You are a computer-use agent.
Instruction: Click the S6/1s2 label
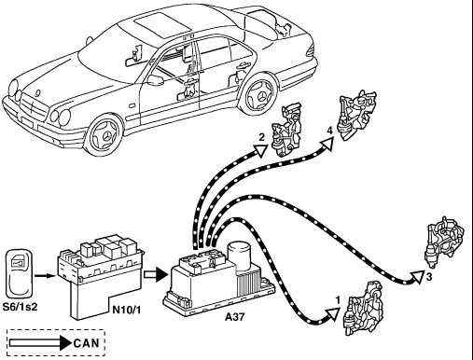20,307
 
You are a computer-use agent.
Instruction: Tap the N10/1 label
126,310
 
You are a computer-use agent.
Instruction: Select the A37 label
235,317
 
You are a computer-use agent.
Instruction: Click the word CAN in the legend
87,343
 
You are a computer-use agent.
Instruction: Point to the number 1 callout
338,300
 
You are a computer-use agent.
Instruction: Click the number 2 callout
262,137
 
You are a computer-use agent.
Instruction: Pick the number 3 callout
429,276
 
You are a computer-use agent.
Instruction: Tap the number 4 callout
329,131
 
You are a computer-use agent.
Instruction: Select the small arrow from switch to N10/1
45,275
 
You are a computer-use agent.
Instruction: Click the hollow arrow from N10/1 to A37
156,274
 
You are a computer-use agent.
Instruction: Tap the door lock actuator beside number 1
363,309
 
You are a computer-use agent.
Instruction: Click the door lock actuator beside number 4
358,115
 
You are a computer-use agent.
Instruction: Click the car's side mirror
155,80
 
